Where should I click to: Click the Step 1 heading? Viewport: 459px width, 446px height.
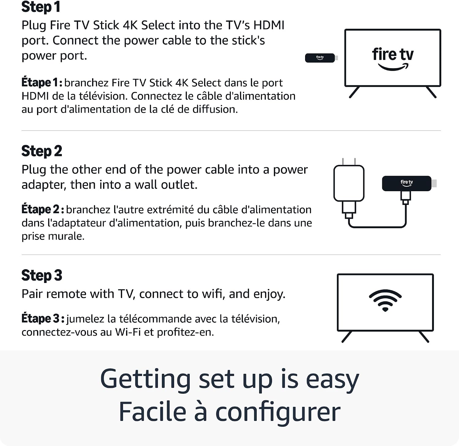(41, 7)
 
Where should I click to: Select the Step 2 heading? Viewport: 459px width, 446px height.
(42, 151)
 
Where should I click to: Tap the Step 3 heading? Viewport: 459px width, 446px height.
(42, 275)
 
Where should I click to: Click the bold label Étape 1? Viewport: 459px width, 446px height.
(42, 83)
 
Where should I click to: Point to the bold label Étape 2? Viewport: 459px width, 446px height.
(43, 210)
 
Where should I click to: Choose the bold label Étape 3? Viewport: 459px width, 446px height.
(43, 318)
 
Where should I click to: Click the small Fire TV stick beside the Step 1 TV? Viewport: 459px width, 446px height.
(321, 58)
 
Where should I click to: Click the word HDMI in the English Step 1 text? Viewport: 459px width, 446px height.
(269, 25)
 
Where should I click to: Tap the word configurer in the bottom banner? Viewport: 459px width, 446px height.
(278, 412)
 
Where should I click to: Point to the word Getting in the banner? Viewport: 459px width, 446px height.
(146, 380)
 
